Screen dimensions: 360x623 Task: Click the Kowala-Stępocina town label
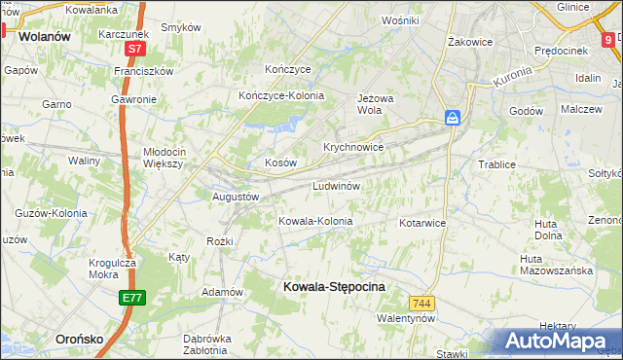coord(333,287)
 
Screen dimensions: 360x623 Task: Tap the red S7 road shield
coord(134,47)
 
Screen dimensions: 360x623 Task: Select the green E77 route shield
coord(134,297)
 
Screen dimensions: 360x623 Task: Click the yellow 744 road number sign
coord(421,304)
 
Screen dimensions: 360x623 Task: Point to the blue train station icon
coord(454,118)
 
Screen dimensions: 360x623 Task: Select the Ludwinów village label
coord(337,185)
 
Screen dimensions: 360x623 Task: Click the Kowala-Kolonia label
coord(315,221)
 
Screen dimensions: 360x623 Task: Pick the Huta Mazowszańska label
coord(556,265)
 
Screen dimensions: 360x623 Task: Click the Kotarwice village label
coord(422,223)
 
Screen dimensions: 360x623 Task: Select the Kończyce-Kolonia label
coord(281,95)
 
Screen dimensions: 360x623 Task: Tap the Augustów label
coord(236,197)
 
